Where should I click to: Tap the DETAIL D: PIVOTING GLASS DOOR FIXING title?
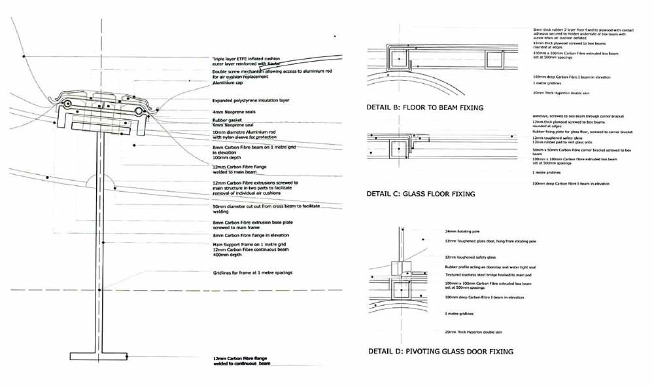pyautogui.click(x=439, y=352)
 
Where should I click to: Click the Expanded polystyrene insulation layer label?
pyautogui.click(x=251, y=101)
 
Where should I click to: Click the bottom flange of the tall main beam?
pyautogui.click(x=98, y=356)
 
